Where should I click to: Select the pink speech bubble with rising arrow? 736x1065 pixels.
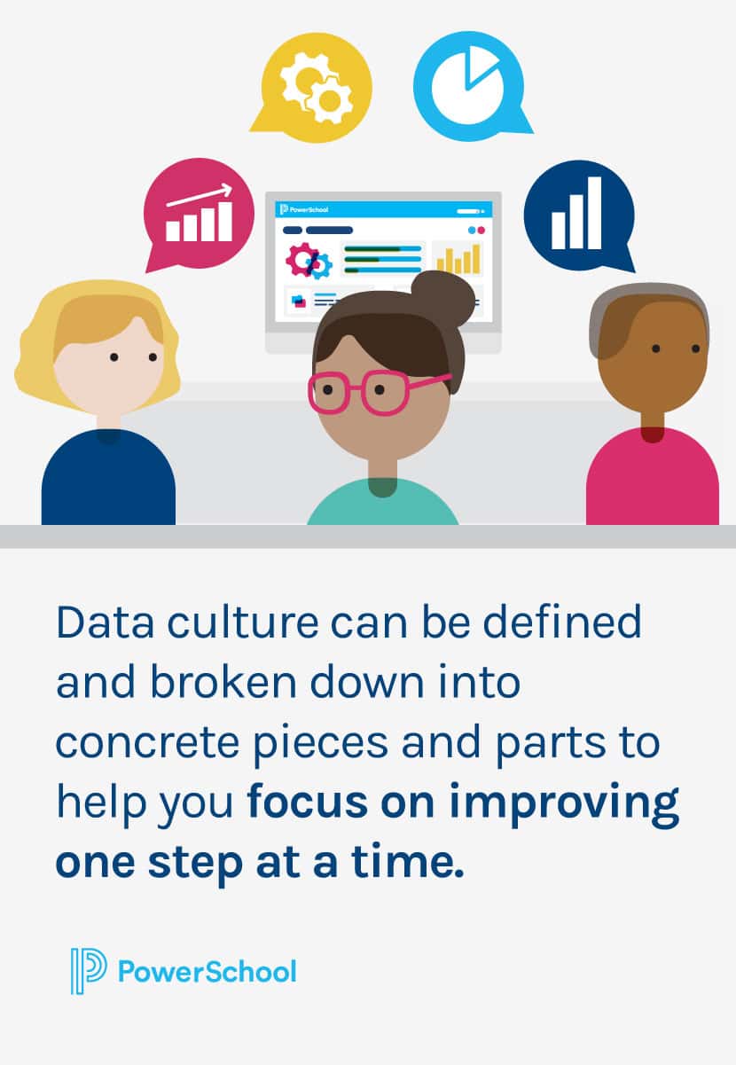coord(197,212)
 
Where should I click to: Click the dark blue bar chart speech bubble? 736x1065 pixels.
coord(578,214)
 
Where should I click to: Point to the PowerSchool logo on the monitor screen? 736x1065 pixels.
coord(304,209)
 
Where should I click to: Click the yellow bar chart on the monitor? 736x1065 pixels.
coord(458,258)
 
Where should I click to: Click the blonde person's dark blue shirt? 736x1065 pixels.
coord(108,483)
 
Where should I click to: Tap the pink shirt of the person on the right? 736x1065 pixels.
coord(652,483)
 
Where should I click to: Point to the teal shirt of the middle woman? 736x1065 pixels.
coord(383,507)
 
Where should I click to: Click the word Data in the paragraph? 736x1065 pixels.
coord(97,623)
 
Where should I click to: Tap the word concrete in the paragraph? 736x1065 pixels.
coord(151,743)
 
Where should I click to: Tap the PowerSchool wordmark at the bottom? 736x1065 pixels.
coord(207,971)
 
